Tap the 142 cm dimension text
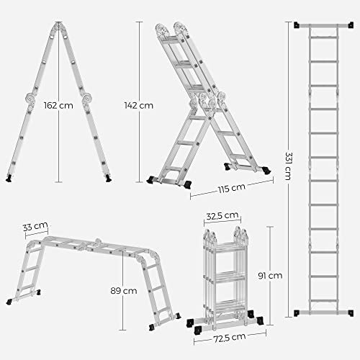[140, 105]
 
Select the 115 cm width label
[225, 189]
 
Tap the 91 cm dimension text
[271, 275]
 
